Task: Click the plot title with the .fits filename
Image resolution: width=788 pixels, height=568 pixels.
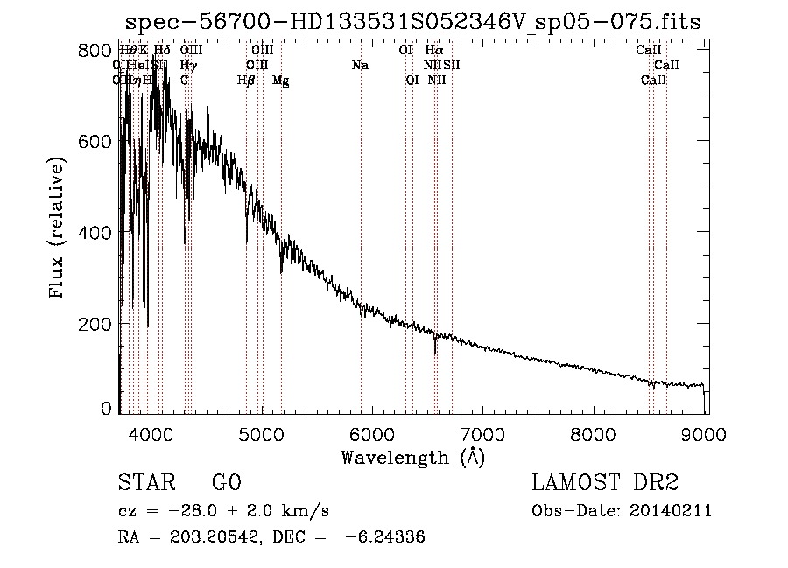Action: click(x=413, y=22)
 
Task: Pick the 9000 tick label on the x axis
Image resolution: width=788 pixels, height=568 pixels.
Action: click(x=706, y=433)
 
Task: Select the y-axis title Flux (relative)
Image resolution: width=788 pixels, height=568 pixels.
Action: click(x=59, y=230)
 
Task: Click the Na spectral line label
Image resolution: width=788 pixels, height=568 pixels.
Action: click(x=360, y=66)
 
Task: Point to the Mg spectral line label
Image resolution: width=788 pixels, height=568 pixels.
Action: click(x=281, y=81)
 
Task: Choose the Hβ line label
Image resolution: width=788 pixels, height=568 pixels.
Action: click(x=246, y=81)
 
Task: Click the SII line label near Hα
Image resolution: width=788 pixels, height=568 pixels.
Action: click(x=452, y=66)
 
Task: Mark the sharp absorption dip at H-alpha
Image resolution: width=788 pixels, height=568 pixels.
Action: click(x=435, y=348)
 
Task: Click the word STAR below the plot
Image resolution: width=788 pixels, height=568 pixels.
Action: click(x=144, y=484)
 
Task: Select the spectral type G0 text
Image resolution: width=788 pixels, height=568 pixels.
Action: click(x=226, y=484)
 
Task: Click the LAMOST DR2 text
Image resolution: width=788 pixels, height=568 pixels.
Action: click(x=605, y=484)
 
